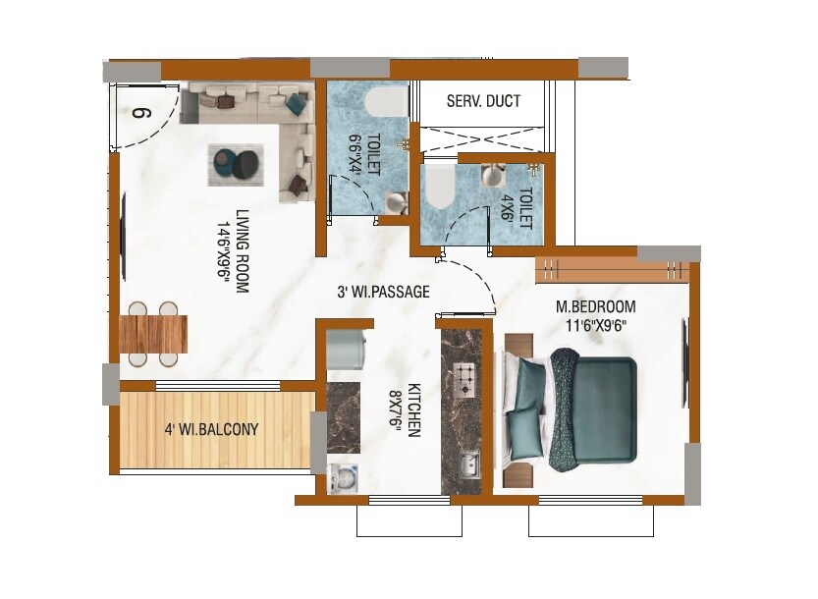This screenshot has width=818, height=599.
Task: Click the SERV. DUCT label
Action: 483,101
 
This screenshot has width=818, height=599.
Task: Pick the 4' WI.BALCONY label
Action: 211,429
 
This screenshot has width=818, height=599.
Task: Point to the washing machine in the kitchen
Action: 344,477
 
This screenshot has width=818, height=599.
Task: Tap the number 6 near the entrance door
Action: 141,111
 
